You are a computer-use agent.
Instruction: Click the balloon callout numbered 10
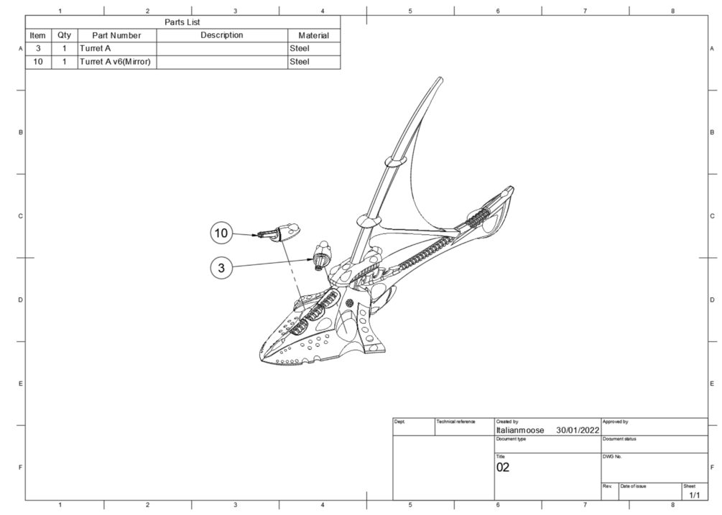pyautogui.click(x=221, y=233)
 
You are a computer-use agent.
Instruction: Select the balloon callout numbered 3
pyautogui.click(x=221, y=267)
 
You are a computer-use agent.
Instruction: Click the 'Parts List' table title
pyautogui.click(x=182, y=22)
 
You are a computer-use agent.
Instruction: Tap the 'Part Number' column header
pyautogui.click(x=116, y=35)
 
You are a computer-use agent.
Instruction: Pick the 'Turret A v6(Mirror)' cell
pyautogui.click(x=115, y=62)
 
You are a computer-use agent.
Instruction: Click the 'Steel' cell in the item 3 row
pyautogui.click(x=300, y=48)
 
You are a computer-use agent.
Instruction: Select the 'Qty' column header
pyautogui.click(x=65, y=35)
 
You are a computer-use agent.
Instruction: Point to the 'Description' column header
pyautogui.click(x=222, y=35)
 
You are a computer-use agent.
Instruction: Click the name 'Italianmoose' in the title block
pyautogui.click(x=520, y=430)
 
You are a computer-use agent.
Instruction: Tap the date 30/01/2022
pyautogui.click(x=578, y=430)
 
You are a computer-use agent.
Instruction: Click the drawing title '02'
pyautogui.click(x=503, y=468)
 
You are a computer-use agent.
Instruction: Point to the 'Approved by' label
pyautogui.click(x=615, y=422)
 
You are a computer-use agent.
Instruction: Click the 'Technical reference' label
pyautogui.click(x=456, y=422)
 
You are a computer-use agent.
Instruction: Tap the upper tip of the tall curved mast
pyautogui.click(x=440, y=79)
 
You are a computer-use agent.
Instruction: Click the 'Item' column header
pyautogui.click(x=38, y=35)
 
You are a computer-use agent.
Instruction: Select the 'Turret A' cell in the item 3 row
pyautogui.click(x=96, y=48)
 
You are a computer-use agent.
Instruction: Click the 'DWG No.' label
pyautogui.click(x=612, y=457)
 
